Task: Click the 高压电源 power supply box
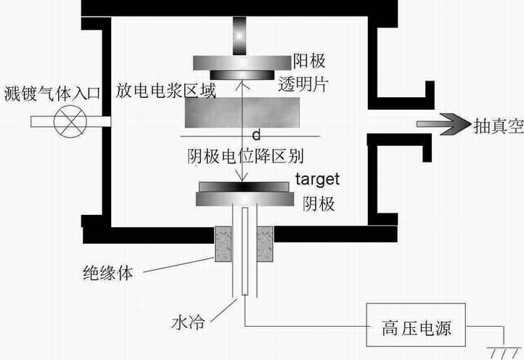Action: pyautogui.click(x=412, y=328)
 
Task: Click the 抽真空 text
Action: pyautogui.click(x=496, y=125)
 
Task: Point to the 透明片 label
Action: pyautogui.click(x=303, y=84)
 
